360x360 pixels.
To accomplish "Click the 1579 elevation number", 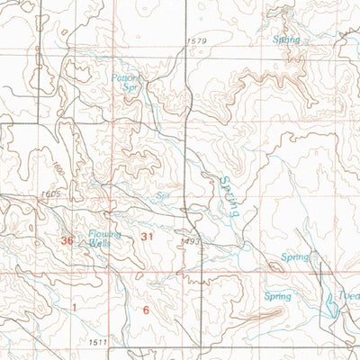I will (x=197, y=41).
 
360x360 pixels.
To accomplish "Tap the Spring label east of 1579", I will (x=287, y=40).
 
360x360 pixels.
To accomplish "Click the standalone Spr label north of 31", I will (x=164, y=193).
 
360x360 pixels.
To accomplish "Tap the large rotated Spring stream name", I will (x=228, y=198).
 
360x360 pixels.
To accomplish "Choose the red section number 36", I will (x=67, y=241).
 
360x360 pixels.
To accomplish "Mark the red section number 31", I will (x=148, y=236).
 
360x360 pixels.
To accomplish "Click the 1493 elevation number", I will (x=188, y=241).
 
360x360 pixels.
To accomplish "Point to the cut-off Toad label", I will (x=347, y=296).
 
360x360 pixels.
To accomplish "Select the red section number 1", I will (x=75, y=308).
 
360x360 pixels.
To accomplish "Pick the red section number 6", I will (x=145, y=310).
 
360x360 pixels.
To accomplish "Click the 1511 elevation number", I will (x=98, y=343).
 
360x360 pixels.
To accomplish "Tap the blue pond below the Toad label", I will (x=332, y=310).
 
